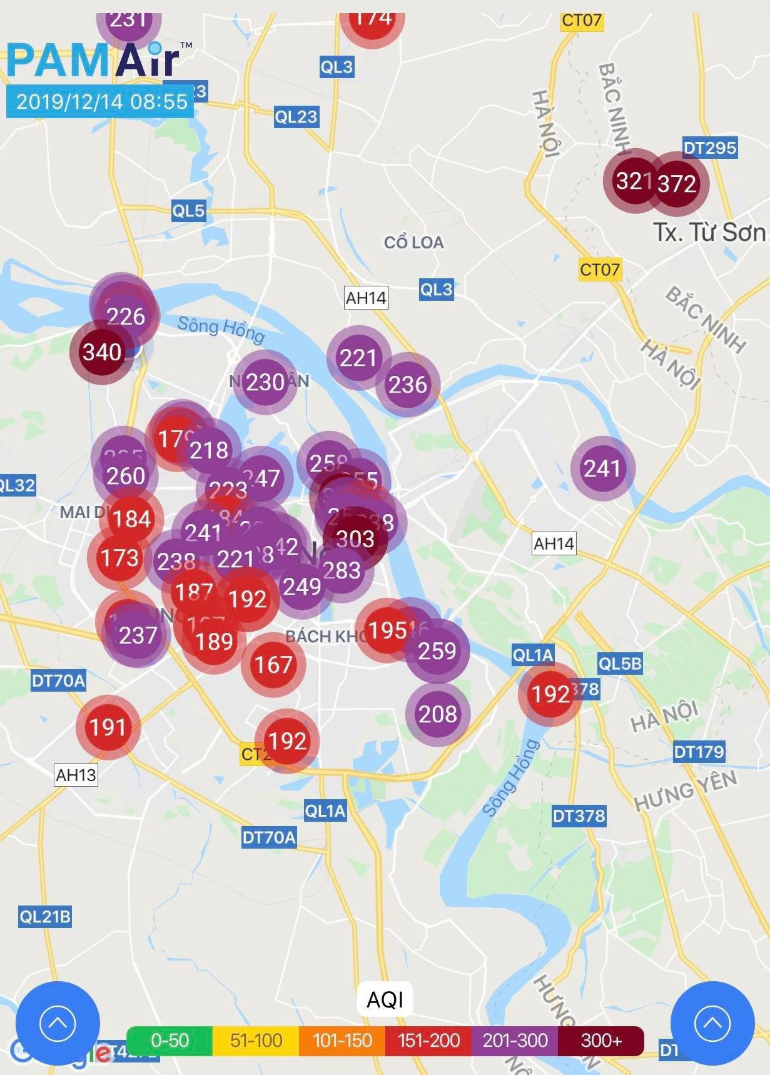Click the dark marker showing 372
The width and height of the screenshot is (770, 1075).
[677, 183]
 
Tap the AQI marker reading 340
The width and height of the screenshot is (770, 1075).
[102, 352]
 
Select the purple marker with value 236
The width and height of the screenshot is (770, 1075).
[408, 384]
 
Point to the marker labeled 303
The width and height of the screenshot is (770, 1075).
[355, 538]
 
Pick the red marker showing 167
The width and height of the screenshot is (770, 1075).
[273, 664]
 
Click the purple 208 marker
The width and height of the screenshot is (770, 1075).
[437, 714]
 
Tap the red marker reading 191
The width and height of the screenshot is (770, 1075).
[108, 727]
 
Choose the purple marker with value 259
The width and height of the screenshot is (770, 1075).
[437, 651]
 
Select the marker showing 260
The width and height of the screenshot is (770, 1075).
[126, 476]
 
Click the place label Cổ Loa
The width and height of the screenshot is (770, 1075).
[413, 243]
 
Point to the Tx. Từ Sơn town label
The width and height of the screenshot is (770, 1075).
[709, 233]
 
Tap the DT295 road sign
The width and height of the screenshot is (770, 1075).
[709, 148]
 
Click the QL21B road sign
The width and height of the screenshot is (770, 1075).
[44, 917]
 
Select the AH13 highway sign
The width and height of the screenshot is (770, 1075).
[76, 775]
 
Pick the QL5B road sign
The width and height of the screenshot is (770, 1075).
[619, 664]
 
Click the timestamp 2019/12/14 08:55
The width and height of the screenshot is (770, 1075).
[101, 101]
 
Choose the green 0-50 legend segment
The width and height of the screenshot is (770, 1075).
[170, 1041]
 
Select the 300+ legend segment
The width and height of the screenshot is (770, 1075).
[601, 1041]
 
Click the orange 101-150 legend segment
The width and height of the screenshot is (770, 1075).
[342, 1041]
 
